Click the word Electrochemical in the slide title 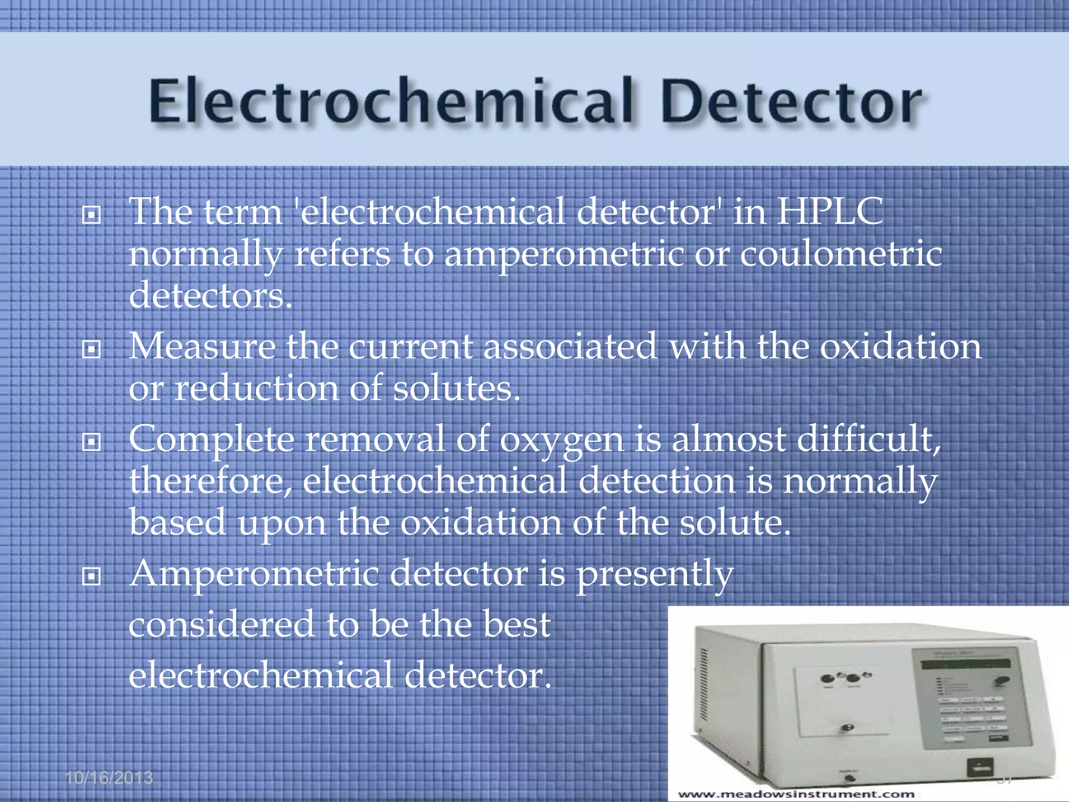(x=391, y=102)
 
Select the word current (x=410, y=347)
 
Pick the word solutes (x=456, y=388)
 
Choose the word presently (x=655, y=575)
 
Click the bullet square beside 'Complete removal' (x=91, y=443)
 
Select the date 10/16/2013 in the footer (x=109, y=778)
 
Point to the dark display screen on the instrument (x=965, y=665)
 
